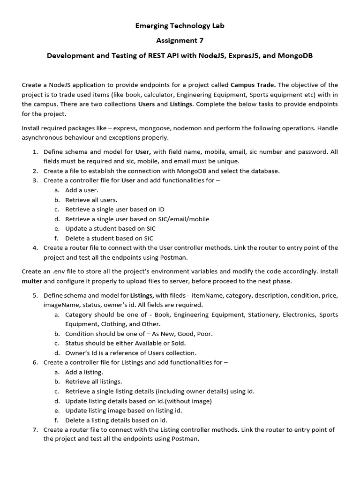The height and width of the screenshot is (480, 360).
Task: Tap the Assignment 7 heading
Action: click(x=180, y=41)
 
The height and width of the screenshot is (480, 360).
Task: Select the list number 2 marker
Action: click(x=35, y=171)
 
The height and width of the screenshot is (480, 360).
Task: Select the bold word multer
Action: click(x=32, y=281)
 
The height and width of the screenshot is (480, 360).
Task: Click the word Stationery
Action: click(x=265, y=315)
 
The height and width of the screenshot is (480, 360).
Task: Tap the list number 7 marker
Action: click(x=35, y=429)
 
